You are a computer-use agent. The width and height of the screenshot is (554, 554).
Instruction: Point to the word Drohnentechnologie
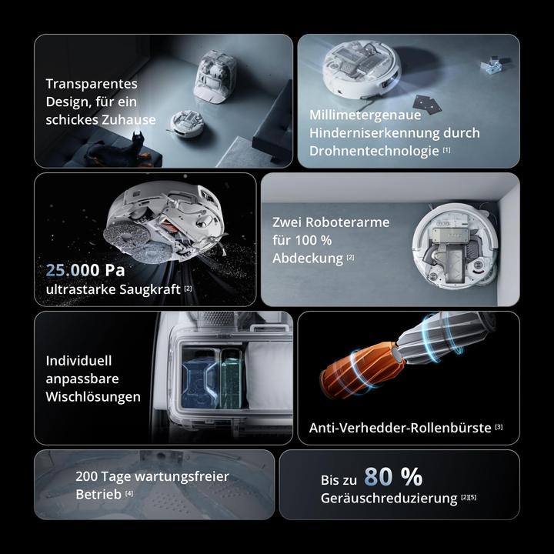tap(374, 151)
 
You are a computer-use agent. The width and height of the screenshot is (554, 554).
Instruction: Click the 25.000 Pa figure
tap(85, 270)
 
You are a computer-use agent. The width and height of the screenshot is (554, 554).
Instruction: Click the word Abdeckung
tap(308, 258)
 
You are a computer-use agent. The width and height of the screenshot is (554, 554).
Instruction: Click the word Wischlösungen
tap(93, 397)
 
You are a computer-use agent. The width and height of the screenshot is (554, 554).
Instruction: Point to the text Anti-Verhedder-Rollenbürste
tap(400, 428)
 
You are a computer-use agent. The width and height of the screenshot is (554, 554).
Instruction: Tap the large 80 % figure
tap(393, 477)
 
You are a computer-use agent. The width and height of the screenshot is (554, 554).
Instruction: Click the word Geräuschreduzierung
tap(389, 499)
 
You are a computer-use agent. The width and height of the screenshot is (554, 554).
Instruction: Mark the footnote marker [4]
tap(129, 492)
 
